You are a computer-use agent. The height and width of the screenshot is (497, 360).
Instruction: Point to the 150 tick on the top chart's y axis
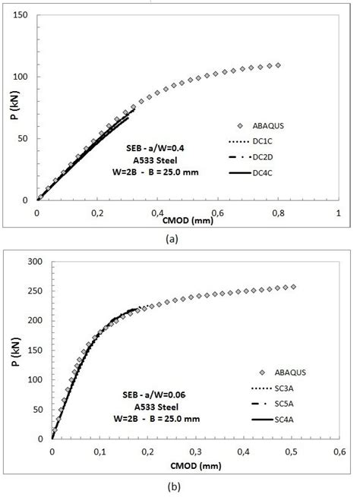[x=22, y=15]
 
